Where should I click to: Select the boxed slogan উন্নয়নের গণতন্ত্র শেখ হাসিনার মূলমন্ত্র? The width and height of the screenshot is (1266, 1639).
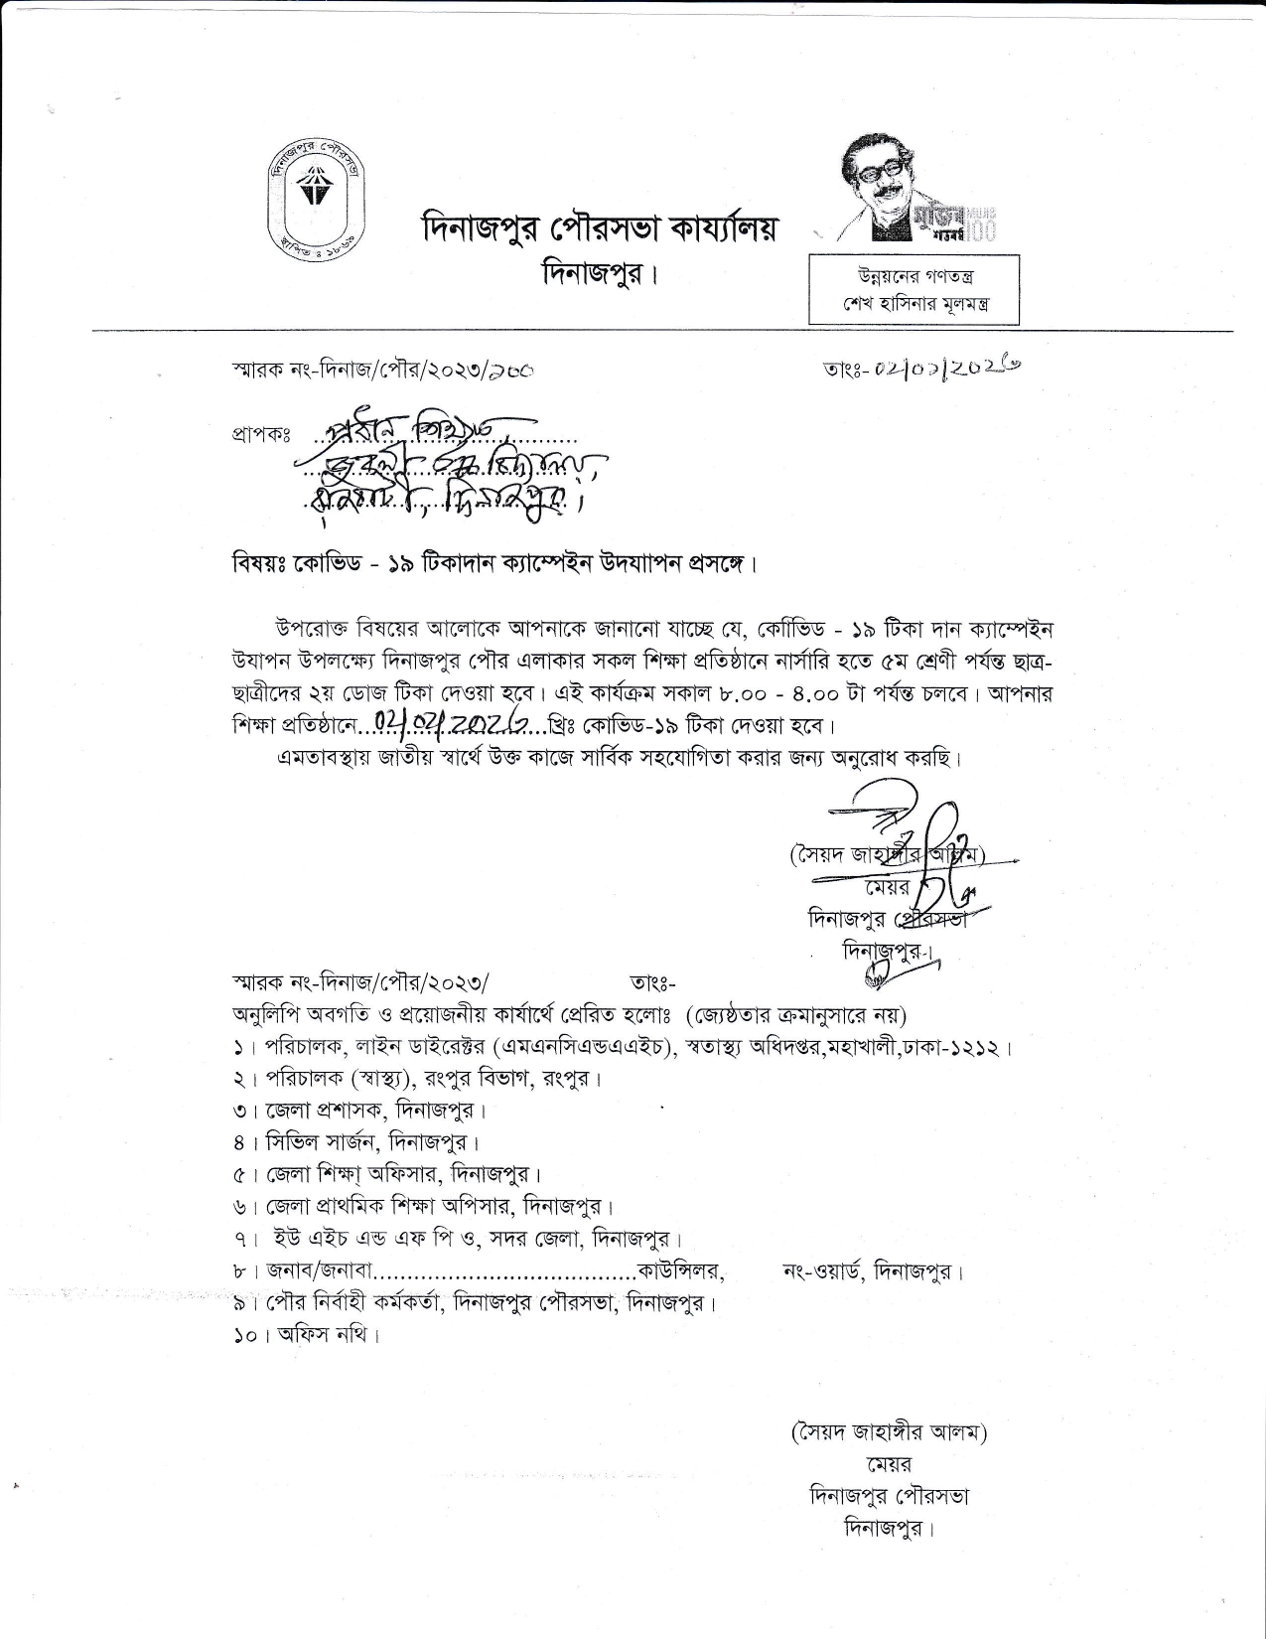914,289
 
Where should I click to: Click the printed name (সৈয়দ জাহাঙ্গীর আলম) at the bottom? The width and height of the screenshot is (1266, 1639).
889,1432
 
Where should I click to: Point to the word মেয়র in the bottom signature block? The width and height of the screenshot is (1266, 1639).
889,1464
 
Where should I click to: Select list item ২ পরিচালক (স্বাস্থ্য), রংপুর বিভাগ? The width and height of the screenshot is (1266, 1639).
418,1078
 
